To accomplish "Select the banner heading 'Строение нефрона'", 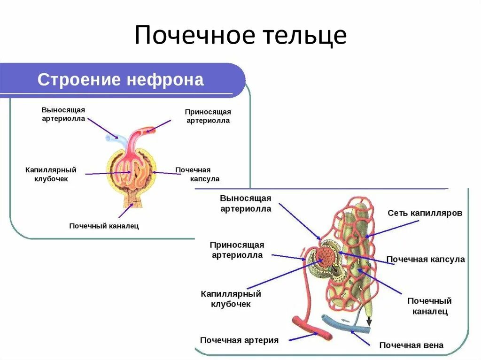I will [121, 79].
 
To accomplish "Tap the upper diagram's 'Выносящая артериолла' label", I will [63, 114].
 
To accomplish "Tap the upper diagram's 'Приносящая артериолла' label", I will [208, 116].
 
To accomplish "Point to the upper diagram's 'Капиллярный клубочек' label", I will [51, 174].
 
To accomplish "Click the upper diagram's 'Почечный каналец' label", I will [104, 226].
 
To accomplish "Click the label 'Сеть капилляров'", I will [425, 213].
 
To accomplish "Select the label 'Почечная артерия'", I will [239, 340].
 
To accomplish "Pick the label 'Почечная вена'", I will [411, 345].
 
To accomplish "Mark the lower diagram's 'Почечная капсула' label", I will [425, 259].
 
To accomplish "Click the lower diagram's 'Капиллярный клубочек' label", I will [230, 299].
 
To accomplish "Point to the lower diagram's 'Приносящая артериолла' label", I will [237, 250].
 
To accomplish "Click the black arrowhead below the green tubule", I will [368, 322].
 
